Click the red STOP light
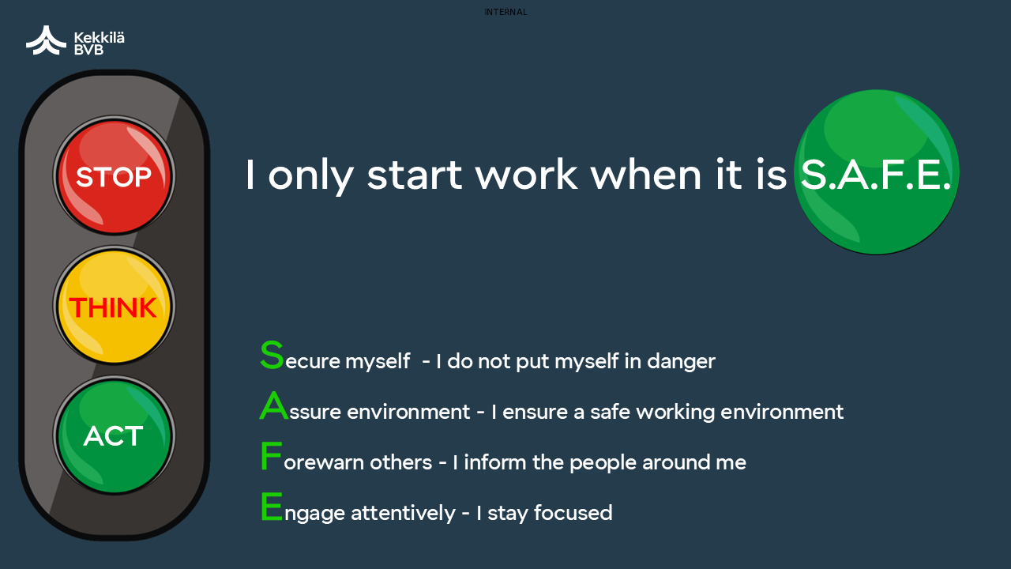114,175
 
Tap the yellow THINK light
114,306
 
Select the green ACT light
114,435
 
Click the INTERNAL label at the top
505,12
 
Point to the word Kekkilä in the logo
100,37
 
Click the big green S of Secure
272,355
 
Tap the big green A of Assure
273,405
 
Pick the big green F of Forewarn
271,456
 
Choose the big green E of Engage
272,507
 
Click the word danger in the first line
681,362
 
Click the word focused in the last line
573,513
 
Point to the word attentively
403,514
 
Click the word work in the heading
526,175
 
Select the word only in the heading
311,176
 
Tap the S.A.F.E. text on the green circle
876,175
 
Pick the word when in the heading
646,175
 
